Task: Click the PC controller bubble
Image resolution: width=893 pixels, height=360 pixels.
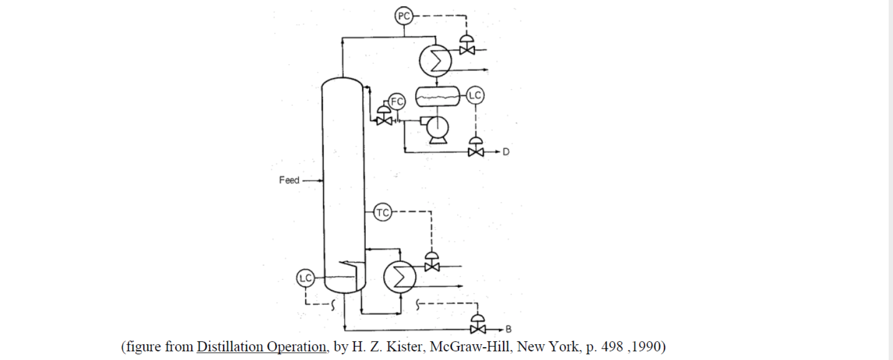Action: (404, 16)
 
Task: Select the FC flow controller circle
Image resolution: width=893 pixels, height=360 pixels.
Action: (397, 101)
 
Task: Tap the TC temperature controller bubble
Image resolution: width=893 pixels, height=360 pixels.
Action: (383, 212)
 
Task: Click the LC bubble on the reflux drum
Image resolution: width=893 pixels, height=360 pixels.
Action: (475, 95)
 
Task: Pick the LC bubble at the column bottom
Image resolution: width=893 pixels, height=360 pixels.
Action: (305, 277)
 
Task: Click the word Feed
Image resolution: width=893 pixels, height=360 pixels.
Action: (289, 180)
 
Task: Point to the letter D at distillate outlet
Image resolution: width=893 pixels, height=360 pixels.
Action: (506, 152)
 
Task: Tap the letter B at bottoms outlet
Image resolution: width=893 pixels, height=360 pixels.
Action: (508, 329)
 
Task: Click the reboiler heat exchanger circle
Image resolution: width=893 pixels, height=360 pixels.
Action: (399, 276)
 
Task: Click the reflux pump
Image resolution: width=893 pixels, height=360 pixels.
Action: (437, 129)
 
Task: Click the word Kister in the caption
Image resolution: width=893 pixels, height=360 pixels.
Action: (406, 347)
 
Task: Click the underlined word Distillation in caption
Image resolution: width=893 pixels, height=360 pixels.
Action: (229, 347)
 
